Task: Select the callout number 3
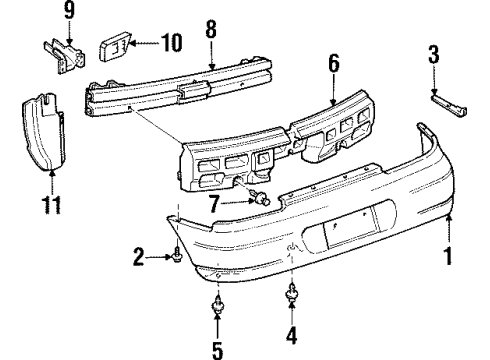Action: coord(433,54)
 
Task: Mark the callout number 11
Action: coord(47,206)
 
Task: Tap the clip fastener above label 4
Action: coord(293,292)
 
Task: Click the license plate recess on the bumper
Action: coord(337,236)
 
